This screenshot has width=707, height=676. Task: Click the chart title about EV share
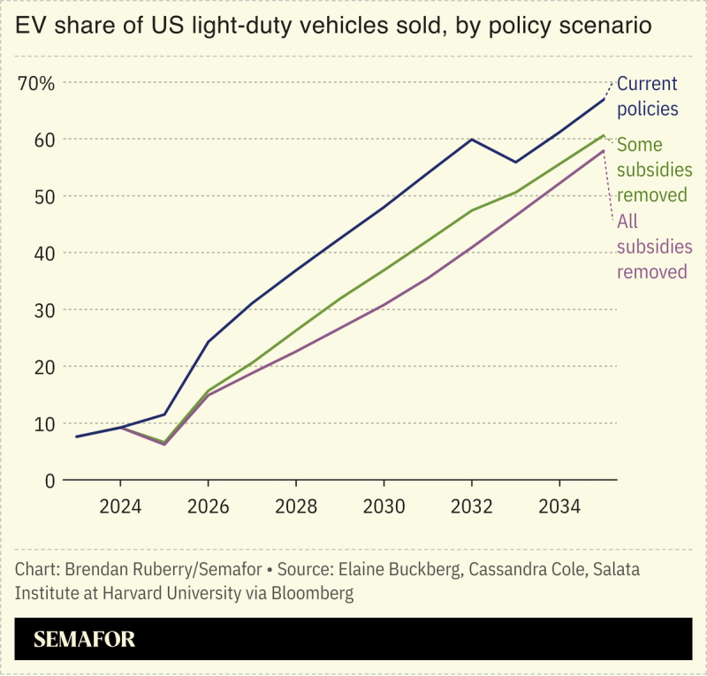coord(333,27)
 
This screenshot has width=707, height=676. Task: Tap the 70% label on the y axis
coord(36,84)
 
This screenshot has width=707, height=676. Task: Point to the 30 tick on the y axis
coord(44,310)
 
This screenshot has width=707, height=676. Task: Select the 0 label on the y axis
coord(49,481)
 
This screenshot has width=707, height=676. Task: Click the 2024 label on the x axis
coord(120,507)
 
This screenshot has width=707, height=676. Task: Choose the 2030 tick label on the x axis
coord(384,507)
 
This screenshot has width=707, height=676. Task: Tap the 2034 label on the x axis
coord(559,507)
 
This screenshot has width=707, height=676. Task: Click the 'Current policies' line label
coord(647,96)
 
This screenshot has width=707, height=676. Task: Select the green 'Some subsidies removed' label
coord(652,170)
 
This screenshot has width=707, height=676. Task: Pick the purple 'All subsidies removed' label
coord(652,247)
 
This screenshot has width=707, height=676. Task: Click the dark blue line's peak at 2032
coord(471,140)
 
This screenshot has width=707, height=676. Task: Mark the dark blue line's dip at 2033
coord(515,163)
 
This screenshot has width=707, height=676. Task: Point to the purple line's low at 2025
coord(164,444)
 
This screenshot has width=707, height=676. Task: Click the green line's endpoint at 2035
coord(604,135)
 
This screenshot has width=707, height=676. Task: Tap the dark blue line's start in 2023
coord(77,437)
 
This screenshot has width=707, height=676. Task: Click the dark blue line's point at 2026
coord(209,342)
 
